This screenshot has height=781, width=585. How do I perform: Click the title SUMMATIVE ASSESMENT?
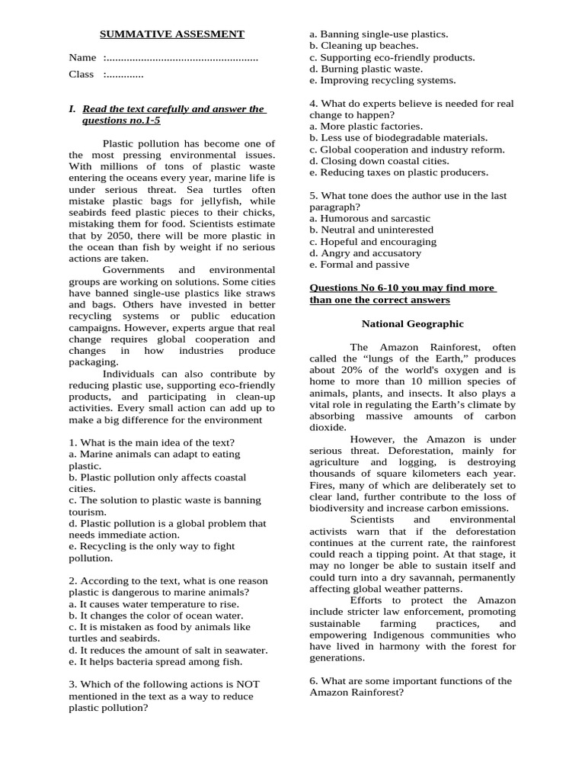(x=173, y=34)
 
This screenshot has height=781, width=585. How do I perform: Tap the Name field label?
(x=82, y=58)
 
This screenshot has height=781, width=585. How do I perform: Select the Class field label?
(x=82, y=75)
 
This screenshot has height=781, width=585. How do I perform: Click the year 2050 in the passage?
(x=121, y=236)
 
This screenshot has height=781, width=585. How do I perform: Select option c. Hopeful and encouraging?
(x=372, y=242)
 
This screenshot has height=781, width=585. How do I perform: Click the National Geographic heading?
(x=412, y=324)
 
